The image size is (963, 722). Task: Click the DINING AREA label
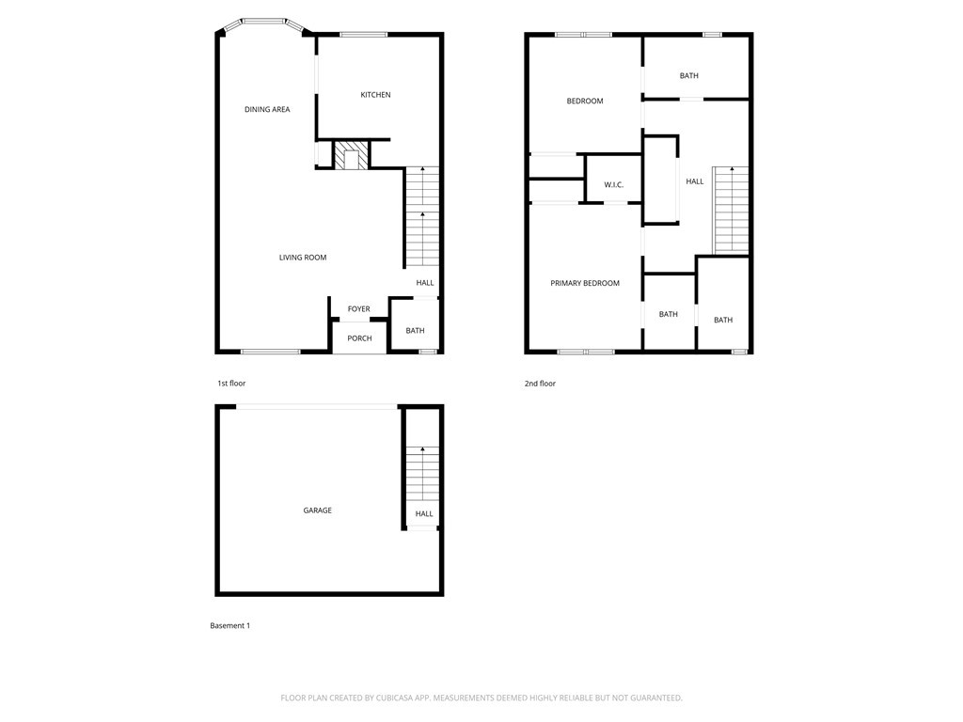pos(267,110)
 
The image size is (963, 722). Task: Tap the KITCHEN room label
pos(375,95)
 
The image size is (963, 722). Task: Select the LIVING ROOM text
pos(303,258)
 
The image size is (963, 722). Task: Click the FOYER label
pos(359,309)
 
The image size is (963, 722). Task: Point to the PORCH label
pos(359,338)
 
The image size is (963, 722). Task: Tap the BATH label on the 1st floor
pos(415,331)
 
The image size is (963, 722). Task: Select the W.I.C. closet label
pos(614,185)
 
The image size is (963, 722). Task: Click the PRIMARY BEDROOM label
pos(585,283)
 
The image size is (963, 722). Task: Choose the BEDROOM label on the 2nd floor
pos(585,102)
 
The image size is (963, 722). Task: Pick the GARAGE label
pos(317,510)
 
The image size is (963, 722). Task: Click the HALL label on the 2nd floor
pos(695,181)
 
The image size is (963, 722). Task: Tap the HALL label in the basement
pos(424,514)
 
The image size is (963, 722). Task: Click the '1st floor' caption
pos(231,384)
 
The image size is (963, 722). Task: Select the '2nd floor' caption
pos(541,384)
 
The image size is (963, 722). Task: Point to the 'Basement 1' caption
pos(230,626)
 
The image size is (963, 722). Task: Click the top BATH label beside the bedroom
pos(689,76)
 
